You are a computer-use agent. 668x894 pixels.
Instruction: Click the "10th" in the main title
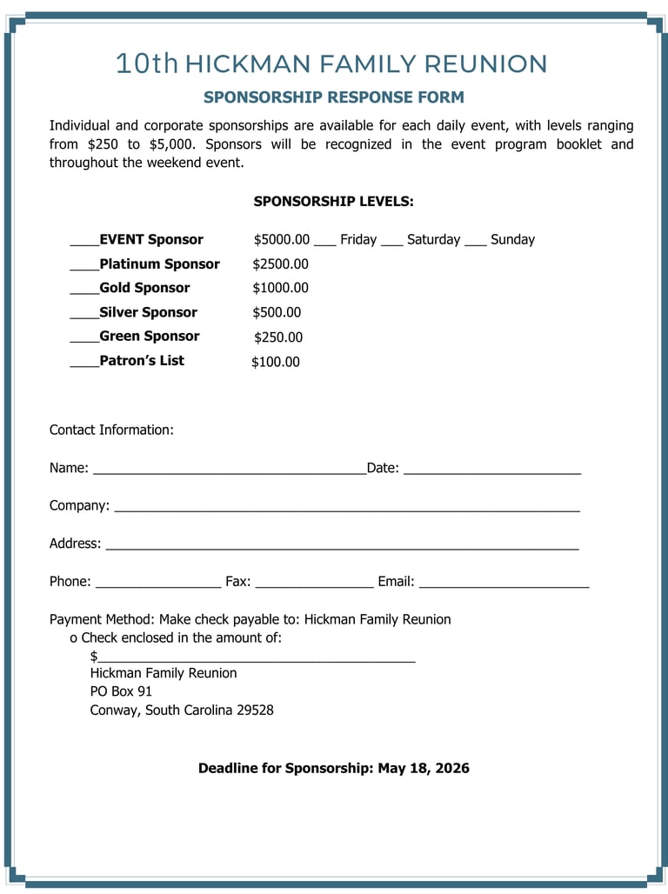click(146, 63)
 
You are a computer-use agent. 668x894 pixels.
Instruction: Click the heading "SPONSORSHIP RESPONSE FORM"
click(334, 97)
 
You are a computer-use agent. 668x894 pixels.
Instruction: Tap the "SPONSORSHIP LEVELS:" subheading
click(333, 202)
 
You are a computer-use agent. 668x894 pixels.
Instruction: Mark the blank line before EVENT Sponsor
click(84, 243)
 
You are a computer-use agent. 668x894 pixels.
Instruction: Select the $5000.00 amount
click(281, 240)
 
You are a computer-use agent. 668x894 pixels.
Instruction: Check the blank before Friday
click(324, 243)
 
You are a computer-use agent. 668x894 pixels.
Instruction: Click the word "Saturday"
click(433, 240)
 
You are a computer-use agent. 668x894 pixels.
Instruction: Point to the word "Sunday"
click(512, 240)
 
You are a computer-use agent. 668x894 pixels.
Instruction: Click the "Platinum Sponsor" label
click(159, 264)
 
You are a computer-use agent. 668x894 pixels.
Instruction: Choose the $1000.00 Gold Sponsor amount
click(280, 289)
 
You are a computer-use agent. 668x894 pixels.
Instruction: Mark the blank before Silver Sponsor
click(84, 316)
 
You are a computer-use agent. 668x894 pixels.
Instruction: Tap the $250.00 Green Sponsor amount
click(278, 337)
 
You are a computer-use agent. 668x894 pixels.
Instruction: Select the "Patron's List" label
click(142, 361)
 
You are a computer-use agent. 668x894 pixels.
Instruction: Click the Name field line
click(229, 471)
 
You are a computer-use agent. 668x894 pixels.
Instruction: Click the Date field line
click(492, 471)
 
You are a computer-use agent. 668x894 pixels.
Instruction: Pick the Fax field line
click(314, 585)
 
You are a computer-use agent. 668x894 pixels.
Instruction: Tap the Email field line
click(504, 585)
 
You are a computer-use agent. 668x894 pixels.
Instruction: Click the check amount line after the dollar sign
click(257, 659)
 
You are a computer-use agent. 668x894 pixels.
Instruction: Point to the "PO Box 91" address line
click(121, 691)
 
